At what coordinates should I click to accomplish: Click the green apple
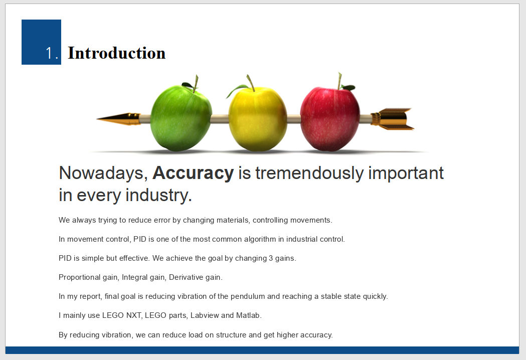(181, 117)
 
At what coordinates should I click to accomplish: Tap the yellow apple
(258, 119)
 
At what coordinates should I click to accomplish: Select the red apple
(330, 119)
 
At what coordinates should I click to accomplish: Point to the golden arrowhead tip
(97, 119)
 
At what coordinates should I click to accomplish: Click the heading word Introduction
(117, 53)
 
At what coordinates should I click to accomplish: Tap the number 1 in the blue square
(49, 53)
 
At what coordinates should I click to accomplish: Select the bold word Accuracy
(193, 173)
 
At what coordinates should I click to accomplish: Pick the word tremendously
(309, 173)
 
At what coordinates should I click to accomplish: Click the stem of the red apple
(339, 81)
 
